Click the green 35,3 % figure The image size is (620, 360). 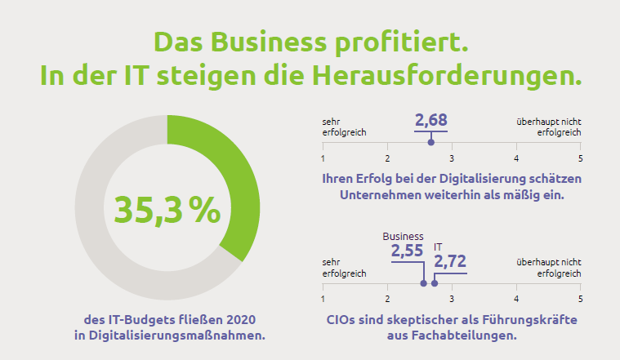click(x=167, y=210)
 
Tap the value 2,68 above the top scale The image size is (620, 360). click(x=430, y=121)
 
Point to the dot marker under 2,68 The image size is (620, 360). click(x=431, y=143)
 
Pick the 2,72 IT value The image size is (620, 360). click(x=450, y=261)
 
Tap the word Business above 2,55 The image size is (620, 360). click(x=403, y=237)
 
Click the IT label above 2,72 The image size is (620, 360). click(x=438, y=246)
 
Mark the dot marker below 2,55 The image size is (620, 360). click(x=423, y=283)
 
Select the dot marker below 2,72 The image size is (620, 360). click(x=435, y=283)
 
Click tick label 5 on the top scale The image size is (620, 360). click(x=580, y=158)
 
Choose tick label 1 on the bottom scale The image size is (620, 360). click(x=323, y=299)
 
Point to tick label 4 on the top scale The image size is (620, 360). click(x=516, y=158)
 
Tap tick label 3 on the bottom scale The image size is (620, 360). click(x=452, y=299)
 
